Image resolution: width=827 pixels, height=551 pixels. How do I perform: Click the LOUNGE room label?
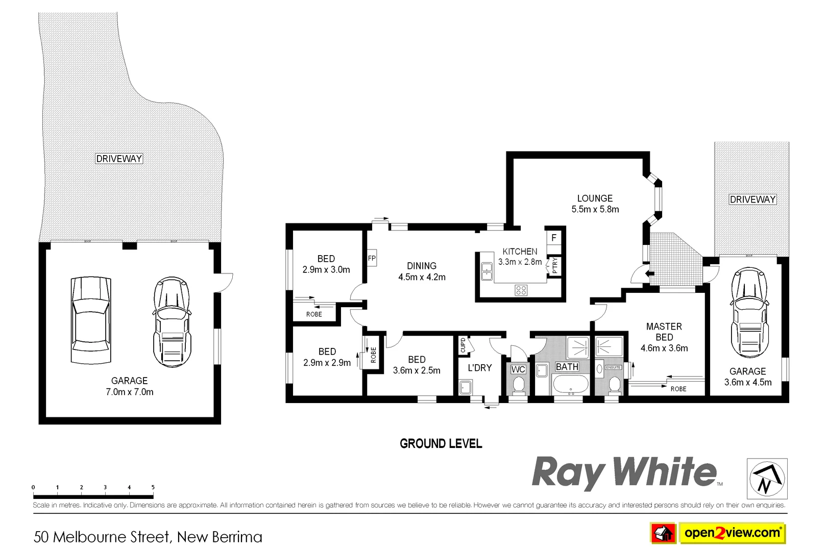pos(595,198)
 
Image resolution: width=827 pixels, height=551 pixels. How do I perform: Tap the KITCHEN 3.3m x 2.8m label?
pos(520,257)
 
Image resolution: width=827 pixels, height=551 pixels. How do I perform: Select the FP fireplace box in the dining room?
pos(372,259)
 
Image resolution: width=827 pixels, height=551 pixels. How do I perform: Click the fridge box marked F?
pos(553,238)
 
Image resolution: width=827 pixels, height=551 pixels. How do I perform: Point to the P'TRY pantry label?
pos(555,266)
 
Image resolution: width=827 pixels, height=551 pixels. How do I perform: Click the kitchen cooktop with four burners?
pos(521,290)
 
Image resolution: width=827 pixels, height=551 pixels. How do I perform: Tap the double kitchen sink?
pos(486,271)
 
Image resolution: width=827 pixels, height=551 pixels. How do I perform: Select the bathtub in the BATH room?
pos(567,385)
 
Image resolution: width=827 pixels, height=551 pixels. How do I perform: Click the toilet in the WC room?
pos(519,386)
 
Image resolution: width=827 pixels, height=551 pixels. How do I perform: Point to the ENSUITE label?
pos(613,367)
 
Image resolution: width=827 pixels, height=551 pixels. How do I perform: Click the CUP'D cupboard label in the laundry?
pos(463,345)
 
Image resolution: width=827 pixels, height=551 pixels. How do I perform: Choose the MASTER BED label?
pos(664,332)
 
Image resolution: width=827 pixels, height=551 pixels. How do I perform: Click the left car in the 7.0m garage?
pos(90,320)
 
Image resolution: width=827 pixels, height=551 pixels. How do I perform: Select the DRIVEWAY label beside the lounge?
pos(752,199)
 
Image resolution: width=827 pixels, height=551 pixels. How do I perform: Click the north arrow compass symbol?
pos(767,478)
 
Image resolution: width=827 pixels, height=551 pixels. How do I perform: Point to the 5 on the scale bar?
pos(153,487)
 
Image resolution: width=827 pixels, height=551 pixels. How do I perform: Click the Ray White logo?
pos(624,472)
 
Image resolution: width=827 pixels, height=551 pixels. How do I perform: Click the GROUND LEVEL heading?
pos(441,444)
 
